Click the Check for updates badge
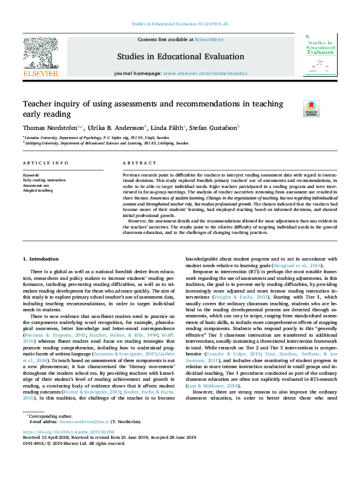tap(328, 109)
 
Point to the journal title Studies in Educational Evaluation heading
tap(181, 57)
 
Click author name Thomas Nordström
tap(49, 127)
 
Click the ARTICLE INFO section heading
tap(45, 163)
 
